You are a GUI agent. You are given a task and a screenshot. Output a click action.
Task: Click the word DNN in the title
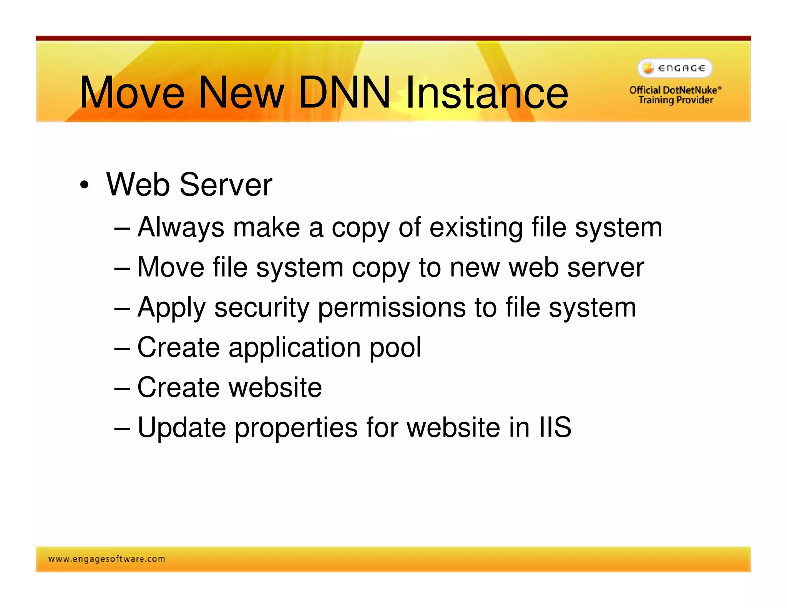344,92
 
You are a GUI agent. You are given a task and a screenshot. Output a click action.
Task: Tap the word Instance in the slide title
486,92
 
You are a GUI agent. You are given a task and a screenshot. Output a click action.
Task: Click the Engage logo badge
675,68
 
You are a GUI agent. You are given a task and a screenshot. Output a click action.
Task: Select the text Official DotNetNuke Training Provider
675,95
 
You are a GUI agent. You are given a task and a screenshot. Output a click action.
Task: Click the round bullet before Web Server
84,185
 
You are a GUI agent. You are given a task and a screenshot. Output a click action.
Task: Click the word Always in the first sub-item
181,228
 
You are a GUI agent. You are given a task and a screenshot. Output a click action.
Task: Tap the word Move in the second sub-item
171,267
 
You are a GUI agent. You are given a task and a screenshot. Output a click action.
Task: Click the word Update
181,427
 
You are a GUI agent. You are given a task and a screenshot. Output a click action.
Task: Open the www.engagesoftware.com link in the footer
107,559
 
